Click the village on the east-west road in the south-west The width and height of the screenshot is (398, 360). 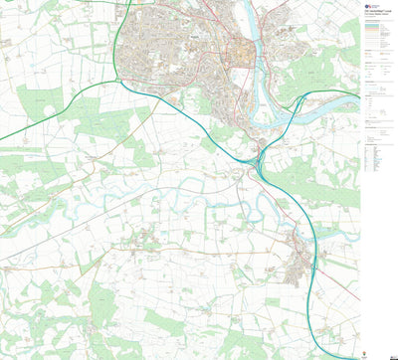[x=144, y=239]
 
